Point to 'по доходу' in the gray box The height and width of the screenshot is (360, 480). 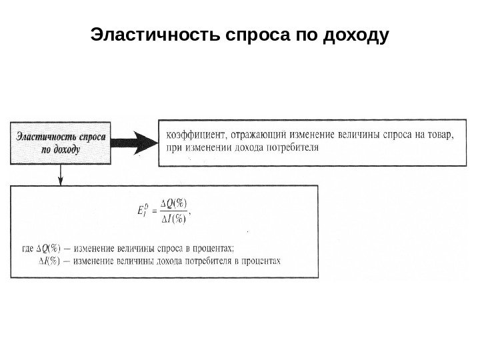coord(60,150)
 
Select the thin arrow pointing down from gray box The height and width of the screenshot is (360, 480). coord(61,175)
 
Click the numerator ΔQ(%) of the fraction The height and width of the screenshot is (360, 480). coord(175,203)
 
